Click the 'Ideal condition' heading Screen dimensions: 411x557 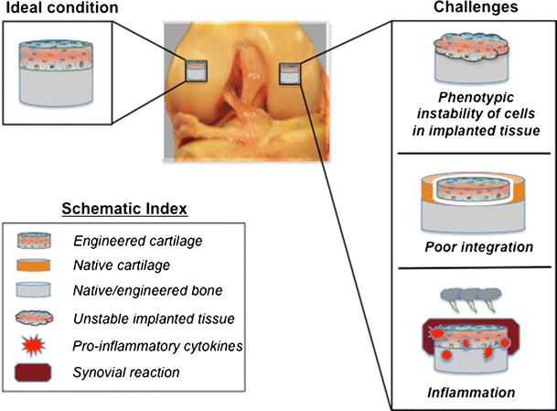[57, 9]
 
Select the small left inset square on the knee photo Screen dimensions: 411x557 [198, 70]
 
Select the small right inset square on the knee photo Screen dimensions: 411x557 [292, 70]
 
